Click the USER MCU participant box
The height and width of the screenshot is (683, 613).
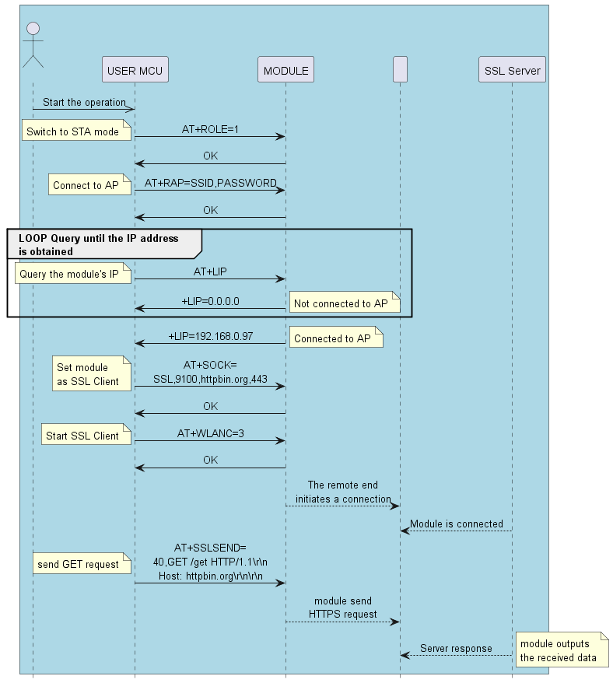[x=135, y=70]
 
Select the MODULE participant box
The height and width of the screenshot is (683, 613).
[x=285, y=70]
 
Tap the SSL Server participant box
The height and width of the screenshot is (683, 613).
[x=512, y=70]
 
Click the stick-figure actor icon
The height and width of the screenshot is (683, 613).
[x=33, y=45]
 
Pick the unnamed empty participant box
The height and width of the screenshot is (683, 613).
[x=401, y=70]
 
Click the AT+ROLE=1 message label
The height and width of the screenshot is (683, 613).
[x=210, y=130]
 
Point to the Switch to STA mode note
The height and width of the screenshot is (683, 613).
[x=73, y=131]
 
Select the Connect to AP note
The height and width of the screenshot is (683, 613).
[x=86, y=185]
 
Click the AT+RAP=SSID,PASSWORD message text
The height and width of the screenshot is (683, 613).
[x=210, y=184]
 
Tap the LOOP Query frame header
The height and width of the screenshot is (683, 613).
[x=99, y=244]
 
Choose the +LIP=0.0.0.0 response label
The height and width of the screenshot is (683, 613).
[x=210, y=301]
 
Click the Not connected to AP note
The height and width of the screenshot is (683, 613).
[x=345, y=303]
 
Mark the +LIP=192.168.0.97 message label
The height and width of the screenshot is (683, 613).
[x=210, y=337]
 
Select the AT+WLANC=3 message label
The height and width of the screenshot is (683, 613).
[x=210, y=433]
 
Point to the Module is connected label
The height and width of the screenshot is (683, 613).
[x=457, y=524]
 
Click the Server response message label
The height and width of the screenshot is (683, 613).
[x=456, y=649]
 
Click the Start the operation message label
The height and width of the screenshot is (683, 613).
[x=84, y=102]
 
